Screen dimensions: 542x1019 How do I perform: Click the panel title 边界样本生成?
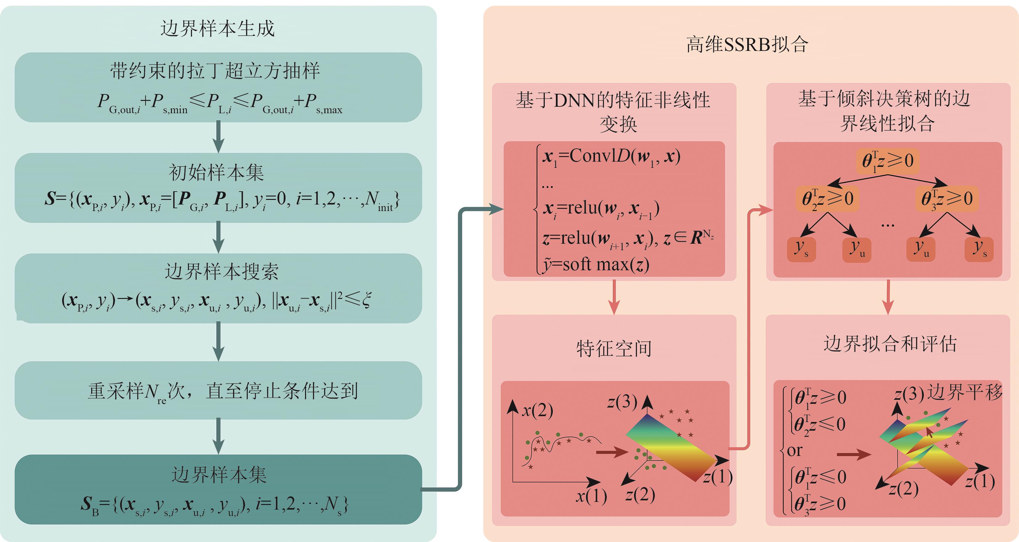pos(217,28)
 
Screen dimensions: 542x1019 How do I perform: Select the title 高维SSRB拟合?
pos(747,44)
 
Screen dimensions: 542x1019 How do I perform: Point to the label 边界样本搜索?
pos(222,272)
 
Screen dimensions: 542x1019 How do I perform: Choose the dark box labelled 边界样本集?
pos(218,489)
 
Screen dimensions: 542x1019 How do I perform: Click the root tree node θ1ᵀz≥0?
pos(887,161)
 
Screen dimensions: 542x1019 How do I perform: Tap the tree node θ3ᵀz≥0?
pos(947,198)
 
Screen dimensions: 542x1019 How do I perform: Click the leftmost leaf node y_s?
pos(801,249)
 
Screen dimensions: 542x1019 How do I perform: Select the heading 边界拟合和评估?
pos(890,344)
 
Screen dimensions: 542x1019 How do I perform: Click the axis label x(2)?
pos(537,411)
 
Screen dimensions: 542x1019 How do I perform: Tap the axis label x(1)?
pos(591,496)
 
